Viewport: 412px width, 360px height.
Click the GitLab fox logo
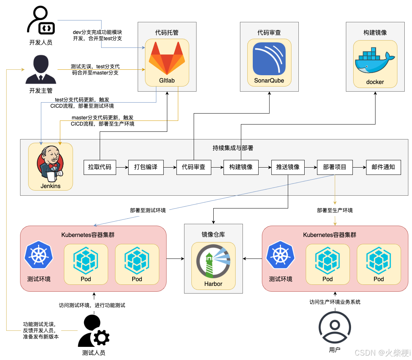click(167, 58)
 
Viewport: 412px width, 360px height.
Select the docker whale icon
click(374, 60)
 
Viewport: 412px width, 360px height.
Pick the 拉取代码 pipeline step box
click(100, 167)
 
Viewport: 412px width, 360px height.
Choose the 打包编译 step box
click(146, 167)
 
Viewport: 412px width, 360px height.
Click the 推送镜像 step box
click(288, 167)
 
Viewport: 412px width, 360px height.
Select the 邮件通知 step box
click(383, 167)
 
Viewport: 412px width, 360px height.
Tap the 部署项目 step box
click(335, 167)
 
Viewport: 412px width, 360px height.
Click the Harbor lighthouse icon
click(213, 264)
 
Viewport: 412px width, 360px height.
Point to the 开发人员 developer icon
click(41, 22)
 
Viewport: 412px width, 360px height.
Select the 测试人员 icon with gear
click(93, 331)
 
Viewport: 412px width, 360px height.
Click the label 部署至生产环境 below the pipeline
click(335, 210)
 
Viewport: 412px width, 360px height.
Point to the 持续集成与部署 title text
click(233, 148)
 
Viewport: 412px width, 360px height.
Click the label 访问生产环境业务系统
click(335, 302)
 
